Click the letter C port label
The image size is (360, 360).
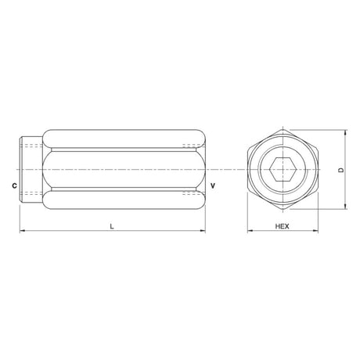(x=15, y=185)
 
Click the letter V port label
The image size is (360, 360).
(x=213, y=185)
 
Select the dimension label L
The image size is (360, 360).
(x=112, y=226)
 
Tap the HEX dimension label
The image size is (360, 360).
(x=283, y=226)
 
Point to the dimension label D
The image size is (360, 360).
(x=341, y=170)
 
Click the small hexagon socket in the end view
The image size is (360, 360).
(x=283, y=169)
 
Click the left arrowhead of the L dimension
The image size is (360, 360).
(x=23, y=231)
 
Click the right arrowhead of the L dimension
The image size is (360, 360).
(x=203, y=231)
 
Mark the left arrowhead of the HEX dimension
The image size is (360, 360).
(x=250, y=231)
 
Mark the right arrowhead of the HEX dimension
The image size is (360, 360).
(x=315, y=231)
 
